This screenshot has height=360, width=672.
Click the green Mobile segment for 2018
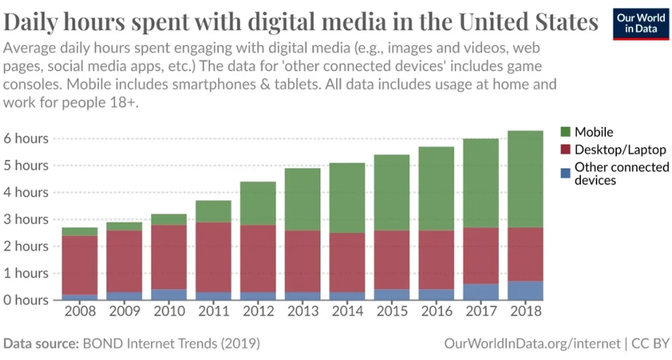525,179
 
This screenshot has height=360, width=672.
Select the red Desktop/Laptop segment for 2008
79,265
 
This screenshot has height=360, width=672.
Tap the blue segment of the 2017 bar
481,292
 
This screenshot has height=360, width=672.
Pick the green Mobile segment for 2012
258,203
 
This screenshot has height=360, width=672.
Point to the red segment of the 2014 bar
347,263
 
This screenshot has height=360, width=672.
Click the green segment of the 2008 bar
79,232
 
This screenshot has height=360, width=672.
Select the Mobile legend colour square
565,132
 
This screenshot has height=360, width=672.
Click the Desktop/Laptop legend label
620,150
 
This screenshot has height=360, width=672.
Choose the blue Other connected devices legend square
565,173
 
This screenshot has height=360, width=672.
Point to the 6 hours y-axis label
26,139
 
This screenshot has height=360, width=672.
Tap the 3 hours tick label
26,219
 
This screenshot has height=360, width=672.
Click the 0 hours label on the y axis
26,300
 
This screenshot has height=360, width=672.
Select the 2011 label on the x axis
213,311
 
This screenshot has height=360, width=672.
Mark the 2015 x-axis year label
392,311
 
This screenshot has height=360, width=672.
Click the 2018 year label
526,311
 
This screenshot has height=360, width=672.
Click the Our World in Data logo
641,24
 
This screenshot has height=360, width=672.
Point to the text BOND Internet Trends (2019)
171,344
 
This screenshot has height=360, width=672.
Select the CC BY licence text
650,344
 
